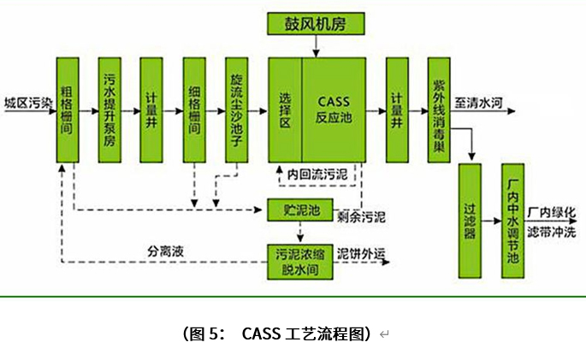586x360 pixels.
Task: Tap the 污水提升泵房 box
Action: click(x=110, y=109)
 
